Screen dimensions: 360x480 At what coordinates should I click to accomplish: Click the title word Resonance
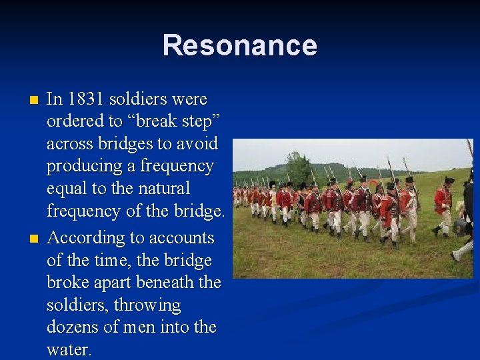click(x=240, y=45)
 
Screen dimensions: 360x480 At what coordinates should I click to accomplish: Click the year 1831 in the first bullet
click(x=85, y=99)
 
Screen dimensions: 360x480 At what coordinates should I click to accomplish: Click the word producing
click(x=81, y=167)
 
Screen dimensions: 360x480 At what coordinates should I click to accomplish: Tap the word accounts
click(x=184, y=238)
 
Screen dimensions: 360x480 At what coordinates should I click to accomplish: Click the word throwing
click(x=147, y=305)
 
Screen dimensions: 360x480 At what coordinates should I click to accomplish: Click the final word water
click(x=69, y=350)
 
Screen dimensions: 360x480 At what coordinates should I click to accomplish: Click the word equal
click(x=67, y=189)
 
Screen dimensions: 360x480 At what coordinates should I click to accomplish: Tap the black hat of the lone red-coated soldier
click(x=449, y=180)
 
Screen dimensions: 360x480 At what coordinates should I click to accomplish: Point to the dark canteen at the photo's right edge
click(x=461, y=227)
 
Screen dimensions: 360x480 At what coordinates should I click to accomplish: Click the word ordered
click(x=73, y=122)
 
